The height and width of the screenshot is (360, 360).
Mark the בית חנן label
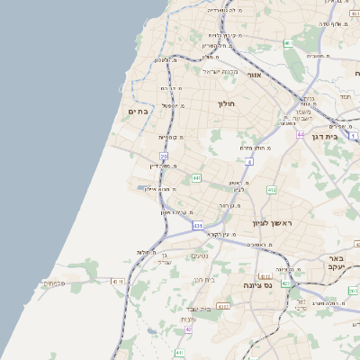coord(203,280)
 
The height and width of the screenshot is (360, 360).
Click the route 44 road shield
coord(300,133)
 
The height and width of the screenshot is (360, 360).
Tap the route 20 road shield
coord(165,156)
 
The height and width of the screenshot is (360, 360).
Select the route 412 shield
coord(273,190)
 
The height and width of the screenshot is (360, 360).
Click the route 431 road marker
coord(197,225)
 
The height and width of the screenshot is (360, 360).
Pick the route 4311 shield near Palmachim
coord(116,282)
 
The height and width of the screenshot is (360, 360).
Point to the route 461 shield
coord(288,42)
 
